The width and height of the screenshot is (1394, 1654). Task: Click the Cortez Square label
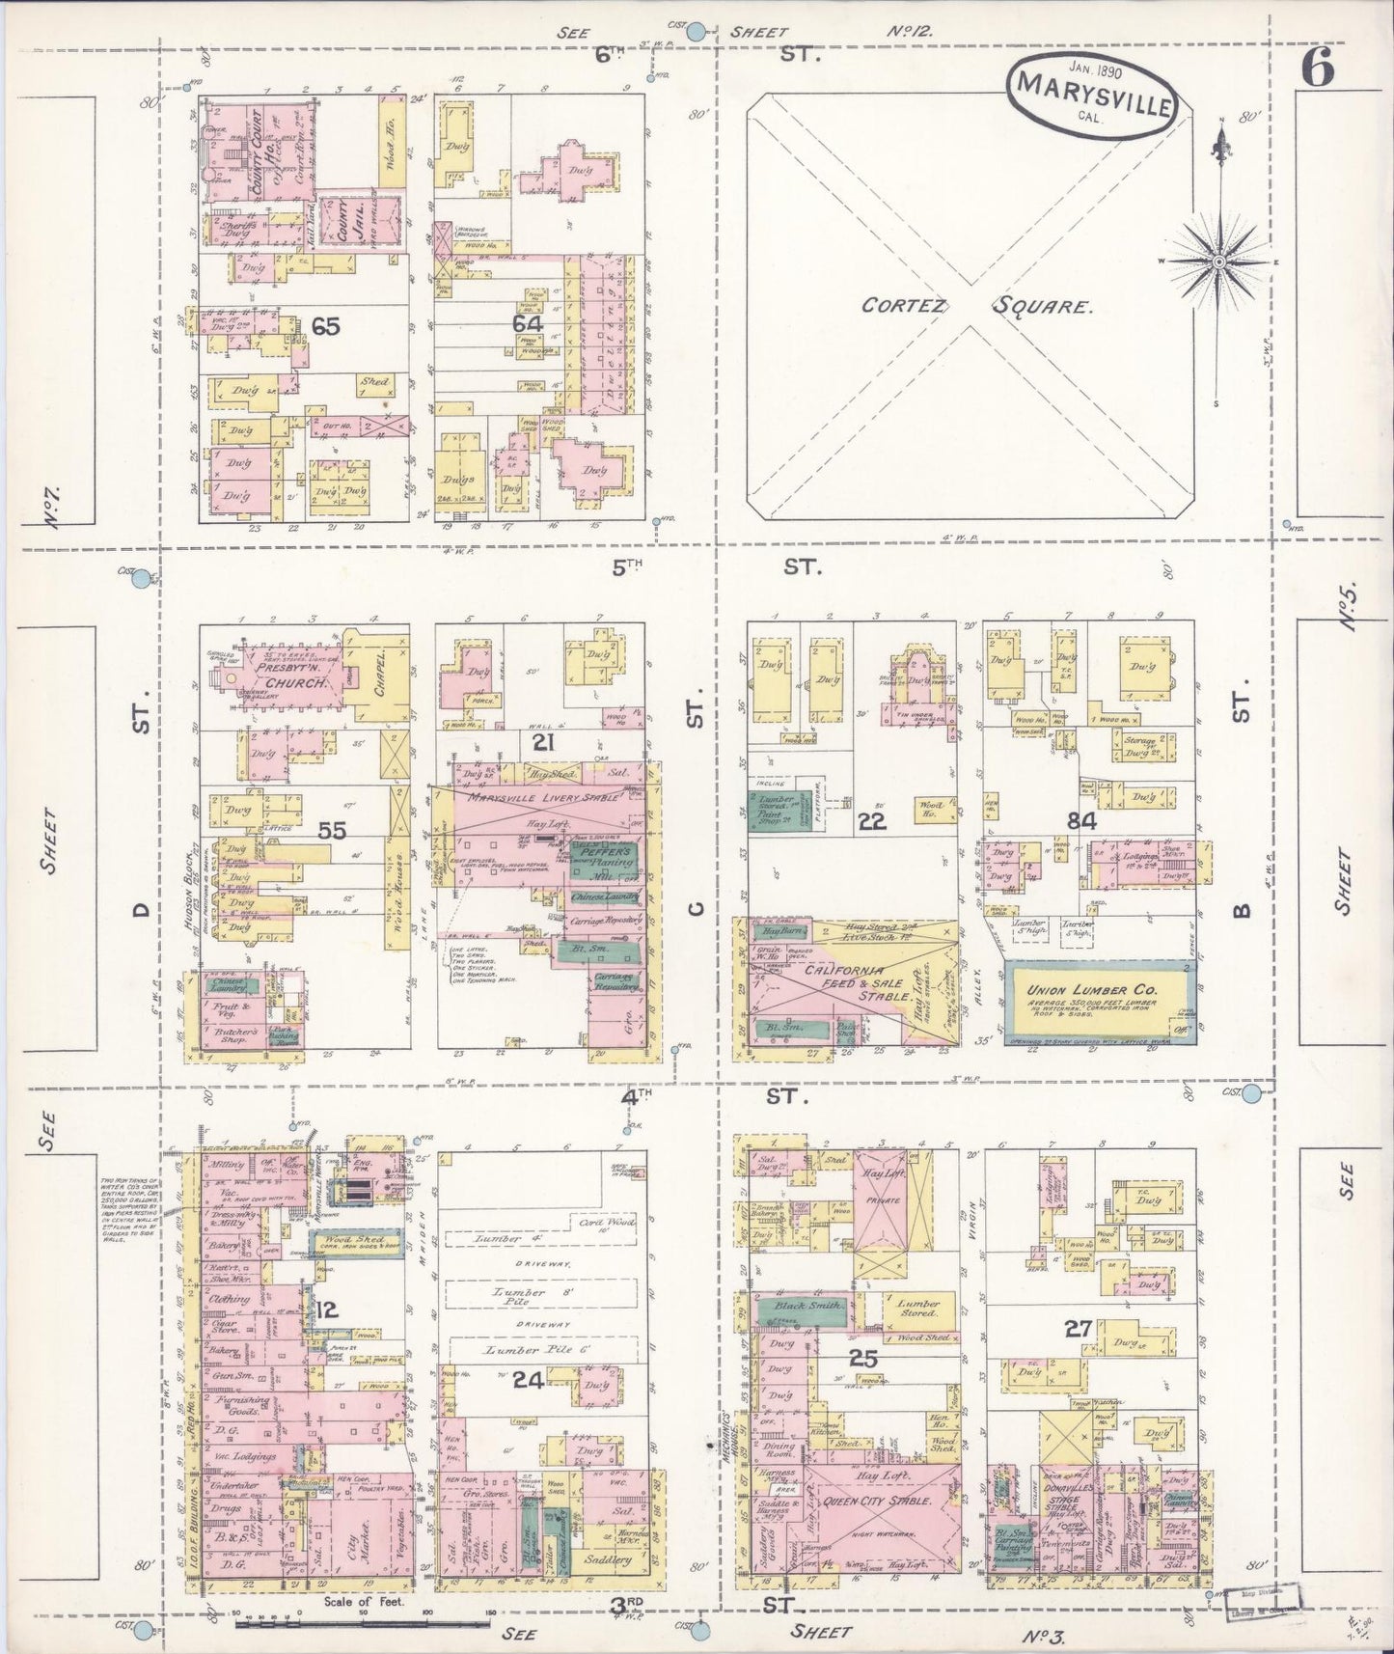(x=977, y=307)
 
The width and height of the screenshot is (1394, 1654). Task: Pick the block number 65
(x=326, y=326)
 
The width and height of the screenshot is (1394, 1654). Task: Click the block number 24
(x=528, y=1380)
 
